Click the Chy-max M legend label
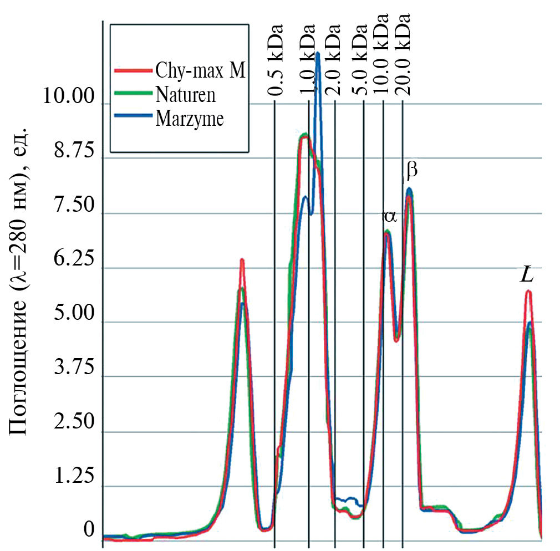click(201, 71)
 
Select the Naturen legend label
click(186, 94)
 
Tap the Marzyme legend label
click(190, 118)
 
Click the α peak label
click(390, 215)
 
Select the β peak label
click(411, 171)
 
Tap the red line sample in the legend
click(133, 70)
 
